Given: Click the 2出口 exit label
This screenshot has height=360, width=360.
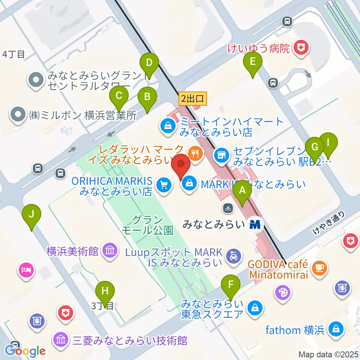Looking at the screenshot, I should point(192,99).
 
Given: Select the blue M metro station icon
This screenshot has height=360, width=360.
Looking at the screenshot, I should point(255,224).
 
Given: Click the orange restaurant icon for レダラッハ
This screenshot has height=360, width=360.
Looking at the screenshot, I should point(195,152).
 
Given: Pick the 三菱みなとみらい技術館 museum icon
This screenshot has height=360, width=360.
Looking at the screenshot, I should point(60,340).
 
